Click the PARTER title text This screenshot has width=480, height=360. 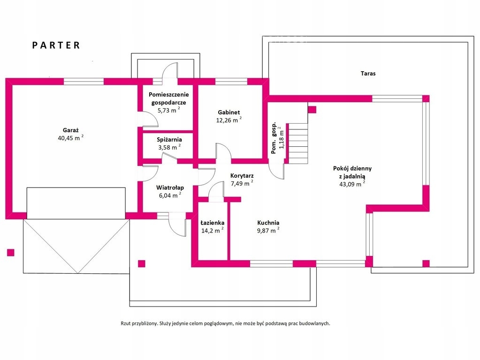coord(56,45)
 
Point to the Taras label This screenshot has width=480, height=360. coord(368,74)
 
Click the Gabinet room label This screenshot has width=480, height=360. coord(229,112)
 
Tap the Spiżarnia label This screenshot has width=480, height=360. coord(169,139)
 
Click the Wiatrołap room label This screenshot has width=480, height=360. coord(170,188)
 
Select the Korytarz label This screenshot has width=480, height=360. coord(242,176)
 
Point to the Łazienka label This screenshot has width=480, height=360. coord(213,223)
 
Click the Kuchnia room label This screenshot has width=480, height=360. coord(268,223)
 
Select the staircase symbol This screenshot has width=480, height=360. coord(297,143)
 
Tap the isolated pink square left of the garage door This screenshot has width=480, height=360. coord(10,252)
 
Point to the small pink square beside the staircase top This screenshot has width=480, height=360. coord(312,110)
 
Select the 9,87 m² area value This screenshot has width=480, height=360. coord(268,231)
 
